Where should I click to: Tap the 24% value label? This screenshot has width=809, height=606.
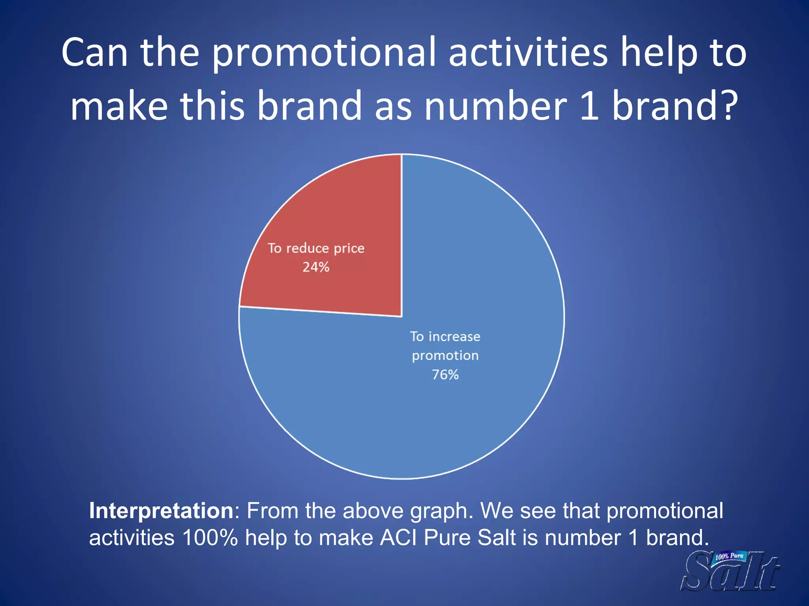316,267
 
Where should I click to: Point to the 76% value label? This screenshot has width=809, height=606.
445,374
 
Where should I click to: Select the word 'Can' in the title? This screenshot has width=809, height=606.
95,53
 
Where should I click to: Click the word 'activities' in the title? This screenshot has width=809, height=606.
528,53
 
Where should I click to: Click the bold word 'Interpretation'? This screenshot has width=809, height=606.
161,511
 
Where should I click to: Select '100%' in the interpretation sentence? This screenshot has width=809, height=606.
210,538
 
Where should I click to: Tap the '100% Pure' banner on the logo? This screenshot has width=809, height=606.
729,557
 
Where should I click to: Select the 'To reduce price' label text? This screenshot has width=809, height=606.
316,248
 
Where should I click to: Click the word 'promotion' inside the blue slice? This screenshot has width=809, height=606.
445,356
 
